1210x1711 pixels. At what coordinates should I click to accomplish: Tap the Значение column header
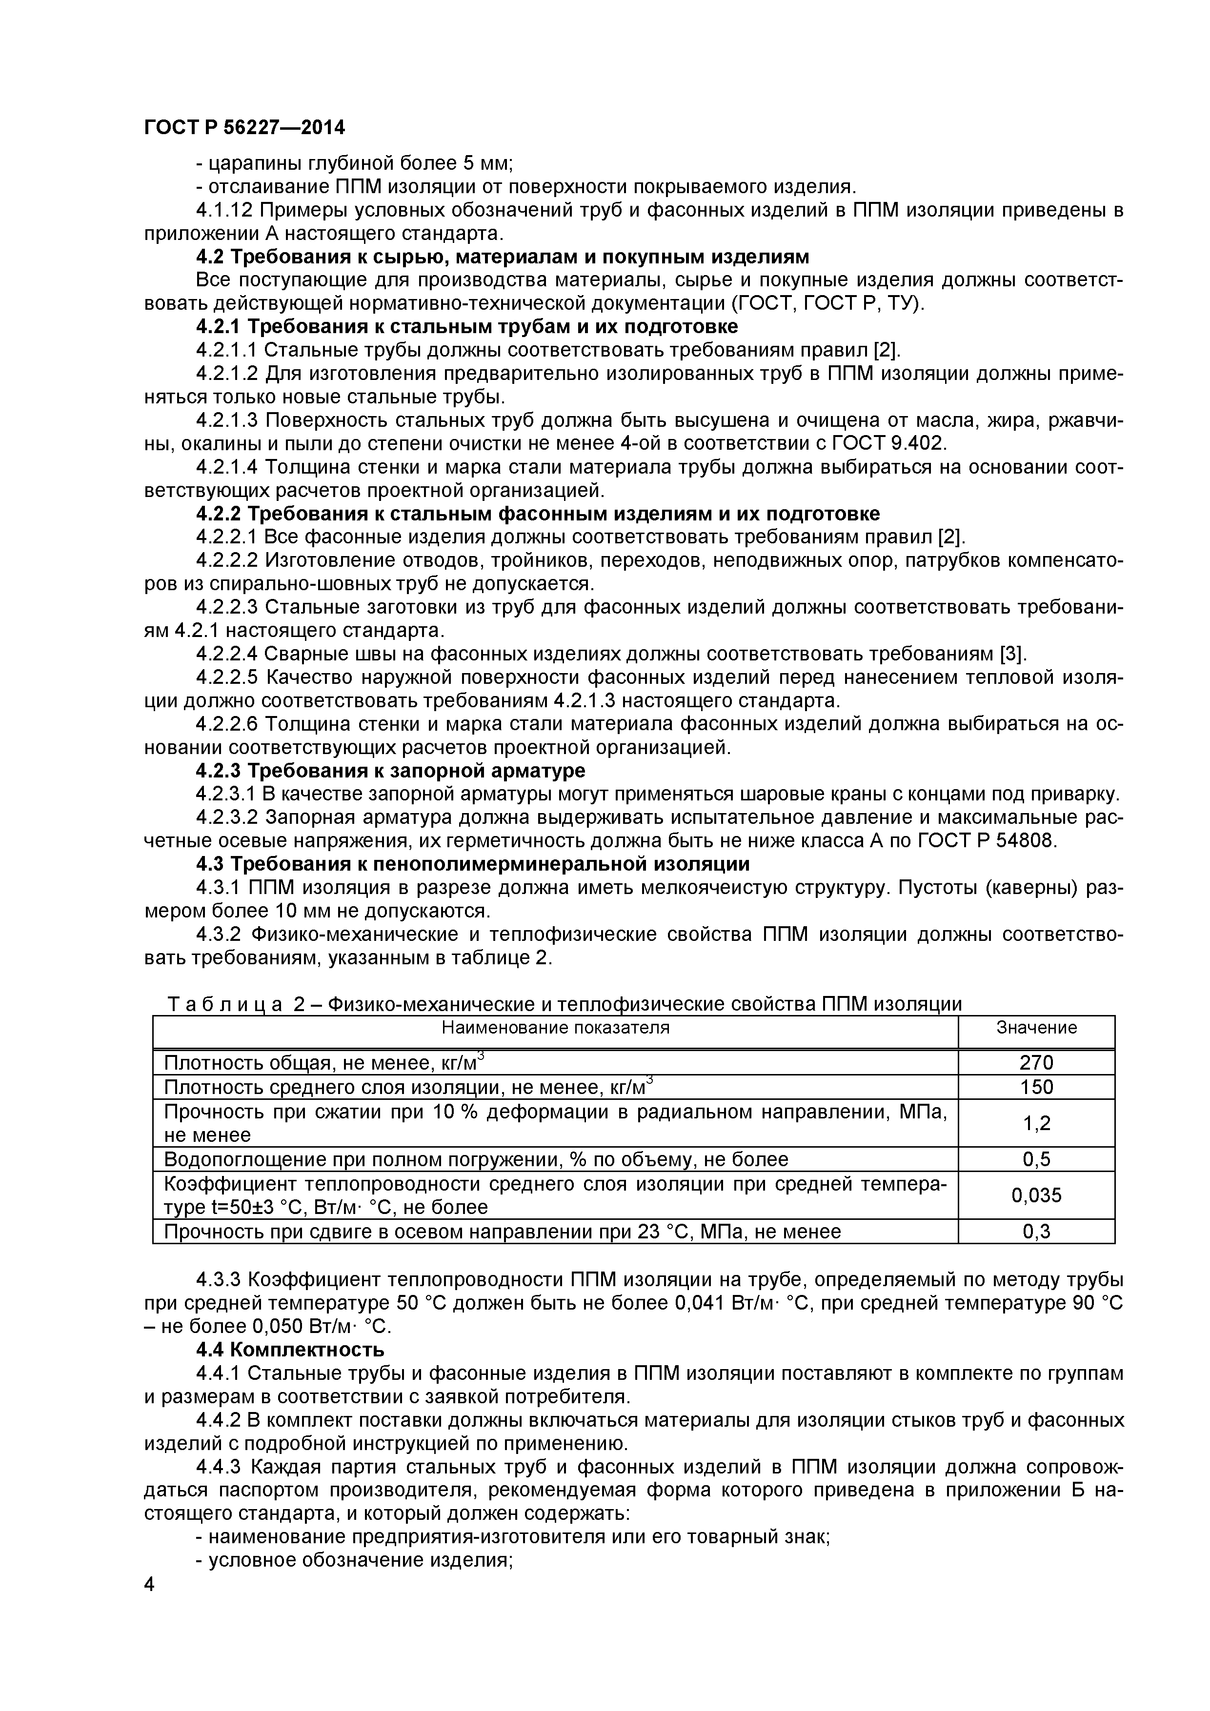(1036, 1028)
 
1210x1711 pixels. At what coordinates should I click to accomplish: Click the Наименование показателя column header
(555, 1028)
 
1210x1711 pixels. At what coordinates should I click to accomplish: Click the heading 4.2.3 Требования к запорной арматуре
(391, 770)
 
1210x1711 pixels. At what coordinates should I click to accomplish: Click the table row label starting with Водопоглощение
(476, 1159)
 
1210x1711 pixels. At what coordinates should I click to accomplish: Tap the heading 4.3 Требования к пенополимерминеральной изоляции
(473, 864)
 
